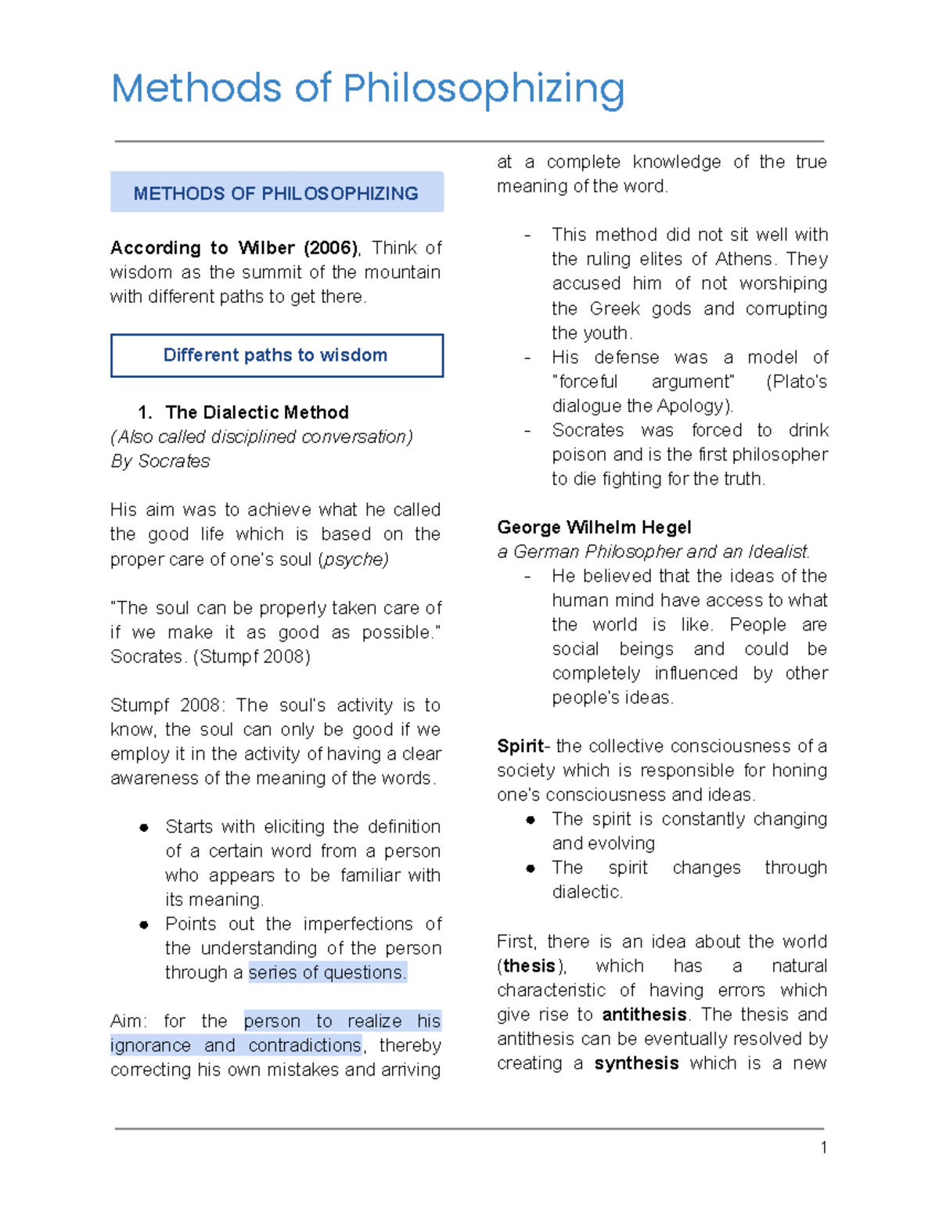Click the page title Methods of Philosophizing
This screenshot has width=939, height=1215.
(368, 88)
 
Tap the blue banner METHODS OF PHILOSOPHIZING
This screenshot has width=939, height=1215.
(275, 193)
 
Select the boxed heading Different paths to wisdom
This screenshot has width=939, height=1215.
(275, 355)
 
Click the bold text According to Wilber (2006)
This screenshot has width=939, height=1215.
(233, 248)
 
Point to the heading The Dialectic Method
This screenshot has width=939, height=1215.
(257, 412)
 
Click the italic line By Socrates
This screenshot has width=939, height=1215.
(160, 462)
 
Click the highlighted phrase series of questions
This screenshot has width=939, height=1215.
(327, 972)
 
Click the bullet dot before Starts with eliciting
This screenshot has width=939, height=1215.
(144, 828)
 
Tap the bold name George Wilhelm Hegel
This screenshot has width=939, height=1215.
(594, 527)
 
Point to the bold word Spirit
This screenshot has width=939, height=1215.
(520, 746)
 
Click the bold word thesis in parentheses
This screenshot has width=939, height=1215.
(529, 966)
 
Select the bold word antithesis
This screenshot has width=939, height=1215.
(644, 1015)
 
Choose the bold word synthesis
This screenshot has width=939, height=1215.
(636, 1063)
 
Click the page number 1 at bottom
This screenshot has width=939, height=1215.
(823, 1148)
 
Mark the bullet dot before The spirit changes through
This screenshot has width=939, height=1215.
(531, 868)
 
